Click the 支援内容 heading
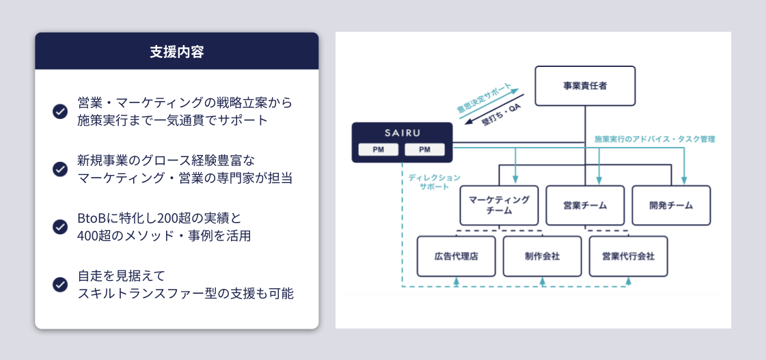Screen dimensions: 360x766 coord(176,51)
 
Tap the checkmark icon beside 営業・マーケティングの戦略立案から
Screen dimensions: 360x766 coord(60,111)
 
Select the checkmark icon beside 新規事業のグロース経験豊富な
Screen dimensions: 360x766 coord(60,169)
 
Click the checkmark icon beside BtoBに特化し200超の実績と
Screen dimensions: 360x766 coord(60,227)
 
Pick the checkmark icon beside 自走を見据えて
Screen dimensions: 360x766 coord(60,284)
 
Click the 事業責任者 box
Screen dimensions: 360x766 coord(585,86)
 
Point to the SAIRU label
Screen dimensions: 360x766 coord(402,131)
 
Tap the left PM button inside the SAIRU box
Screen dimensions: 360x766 coord(379,150)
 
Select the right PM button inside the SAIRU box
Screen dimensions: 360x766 coord(424,150)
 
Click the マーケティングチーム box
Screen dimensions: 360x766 coord(499,205)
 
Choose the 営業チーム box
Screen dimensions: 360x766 coord(585,205)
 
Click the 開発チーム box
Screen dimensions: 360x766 coord(671,205)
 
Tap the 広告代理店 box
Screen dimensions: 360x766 coord(456,256)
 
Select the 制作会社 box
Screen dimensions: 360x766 coord(543,256)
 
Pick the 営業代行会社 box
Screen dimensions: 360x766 coord(629,256)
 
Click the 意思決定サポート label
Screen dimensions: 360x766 coord(483,98)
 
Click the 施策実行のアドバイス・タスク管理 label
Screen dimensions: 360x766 coord(655,139)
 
